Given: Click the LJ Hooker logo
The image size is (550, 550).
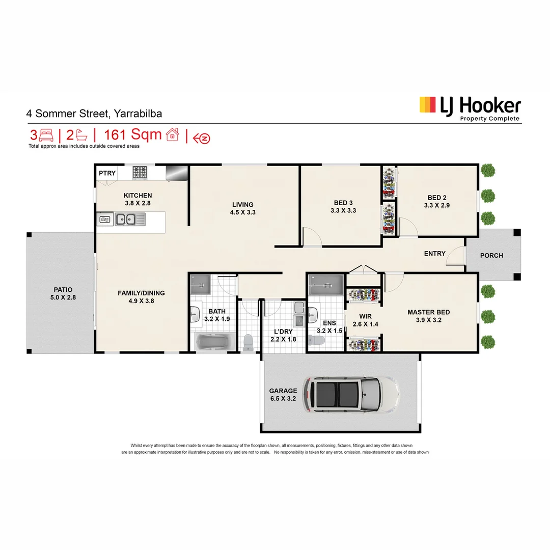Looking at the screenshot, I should [x=470, y=107].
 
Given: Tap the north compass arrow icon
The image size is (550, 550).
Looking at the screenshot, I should [x=204, y=137].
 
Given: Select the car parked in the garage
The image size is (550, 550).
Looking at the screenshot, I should [x=351, y=395].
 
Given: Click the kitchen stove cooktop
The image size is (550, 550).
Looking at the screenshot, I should [x=140, y=173].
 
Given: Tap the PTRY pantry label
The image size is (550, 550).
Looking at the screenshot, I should [x=107, y=173].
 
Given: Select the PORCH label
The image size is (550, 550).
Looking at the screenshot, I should [x=491, y=255].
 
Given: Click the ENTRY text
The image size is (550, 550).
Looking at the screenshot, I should [x=434, y=253].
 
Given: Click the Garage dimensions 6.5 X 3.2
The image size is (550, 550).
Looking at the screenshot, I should [x=283, y=399].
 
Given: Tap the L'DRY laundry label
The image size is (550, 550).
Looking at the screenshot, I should [x=283, y=331].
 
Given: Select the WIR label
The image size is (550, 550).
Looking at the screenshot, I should [x=365, y=316].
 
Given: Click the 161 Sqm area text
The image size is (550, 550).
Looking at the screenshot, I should [x=132, y=135].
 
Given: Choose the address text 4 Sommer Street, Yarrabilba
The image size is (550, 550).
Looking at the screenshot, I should [x=95, y=114].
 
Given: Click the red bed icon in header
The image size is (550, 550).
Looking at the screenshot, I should [x=46, y=135].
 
